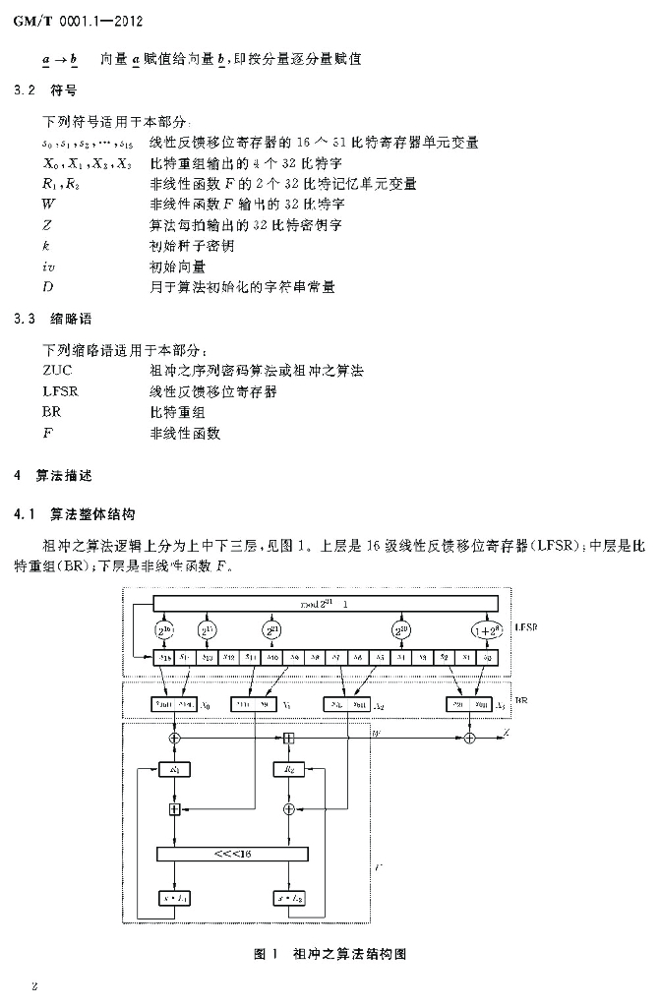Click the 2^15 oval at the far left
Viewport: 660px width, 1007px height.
164,630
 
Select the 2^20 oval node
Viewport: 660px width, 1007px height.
401,630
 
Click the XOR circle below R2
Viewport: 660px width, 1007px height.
289,808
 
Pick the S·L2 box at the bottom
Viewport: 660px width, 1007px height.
289,897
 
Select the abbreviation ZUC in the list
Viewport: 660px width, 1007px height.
58,370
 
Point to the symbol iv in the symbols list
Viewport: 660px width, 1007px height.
49,267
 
